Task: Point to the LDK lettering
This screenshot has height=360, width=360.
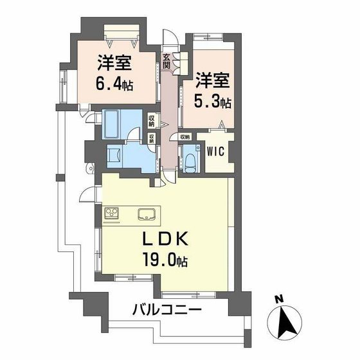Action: (165, 240)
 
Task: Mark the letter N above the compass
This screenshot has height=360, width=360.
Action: (278, 299)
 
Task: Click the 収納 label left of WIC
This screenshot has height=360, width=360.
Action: (185, 136)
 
